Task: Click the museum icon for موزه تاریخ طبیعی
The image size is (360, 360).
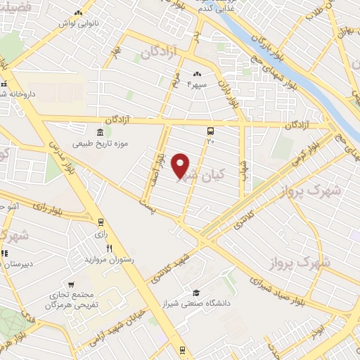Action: click(98, 133)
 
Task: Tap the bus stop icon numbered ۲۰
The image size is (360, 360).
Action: click(210, 131)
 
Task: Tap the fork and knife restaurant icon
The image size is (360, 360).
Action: click(109, 248)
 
